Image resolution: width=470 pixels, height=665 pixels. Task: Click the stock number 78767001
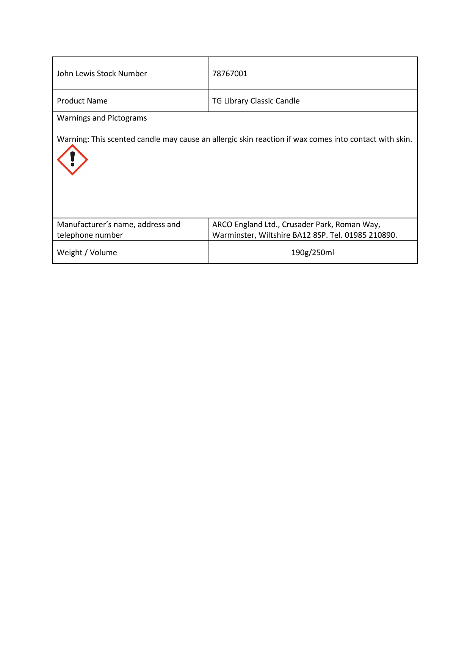click(x=230, y=74)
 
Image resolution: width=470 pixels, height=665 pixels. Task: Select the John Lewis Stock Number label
click(x=102, y=74)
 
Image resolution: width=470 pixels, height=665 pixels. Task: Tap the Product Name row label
click(x=82, y=101)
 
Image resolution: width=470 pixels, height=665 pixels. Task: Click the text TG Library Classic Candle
click(x=256, y=101)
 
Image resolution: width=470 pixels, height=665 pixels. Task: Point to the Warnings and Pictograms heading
click(x=102, y=118)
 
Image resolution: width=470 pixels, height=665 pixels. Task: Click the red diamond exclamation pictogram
click(x=72, y=160)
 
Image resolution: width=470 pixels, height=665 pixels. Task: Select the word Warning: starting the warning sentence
click(x=73, y=139)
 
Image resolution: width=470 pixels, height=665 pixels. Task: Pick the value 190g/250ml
click(x=312, y=253)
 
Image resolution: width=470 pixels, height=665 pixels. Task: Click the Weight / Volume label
click(x=87, y=253)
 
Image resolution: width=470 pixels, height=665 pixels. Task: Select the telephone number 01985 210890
click(x=371, y=235)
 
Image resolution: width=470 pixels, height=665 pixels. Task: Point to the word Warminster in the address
click(x=234, y=235)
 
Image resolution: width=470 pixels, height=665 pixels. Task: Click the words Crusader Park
click(x=307, y=224)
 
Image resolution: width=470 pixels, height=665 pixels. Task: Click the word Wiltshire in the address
click(x=274, y=235)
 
